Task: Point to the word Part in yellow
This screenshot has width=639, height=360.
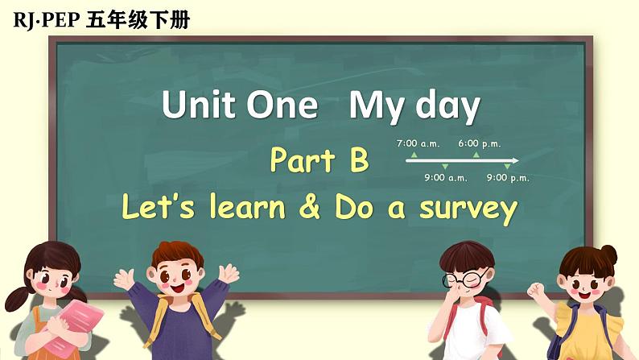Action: pos(302,161)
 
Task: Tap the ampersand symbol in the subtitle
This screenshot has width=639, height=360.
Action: pos(308,207)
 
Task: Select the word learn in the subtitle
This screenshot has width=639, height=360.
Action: pos(247,207)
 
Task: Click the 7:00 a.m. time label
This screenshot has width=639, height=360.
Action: pos(418,143)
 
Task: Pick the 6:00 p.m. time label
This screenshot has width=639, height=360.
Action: pos(480,143)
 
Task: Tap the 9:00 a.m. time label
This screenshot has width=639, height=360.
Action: pos(446,178)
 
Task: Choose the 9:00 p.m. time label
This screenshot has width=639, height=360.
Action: pos(508,178)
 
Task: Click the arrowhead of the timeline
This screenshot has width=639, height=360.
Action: pos(515,161)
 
